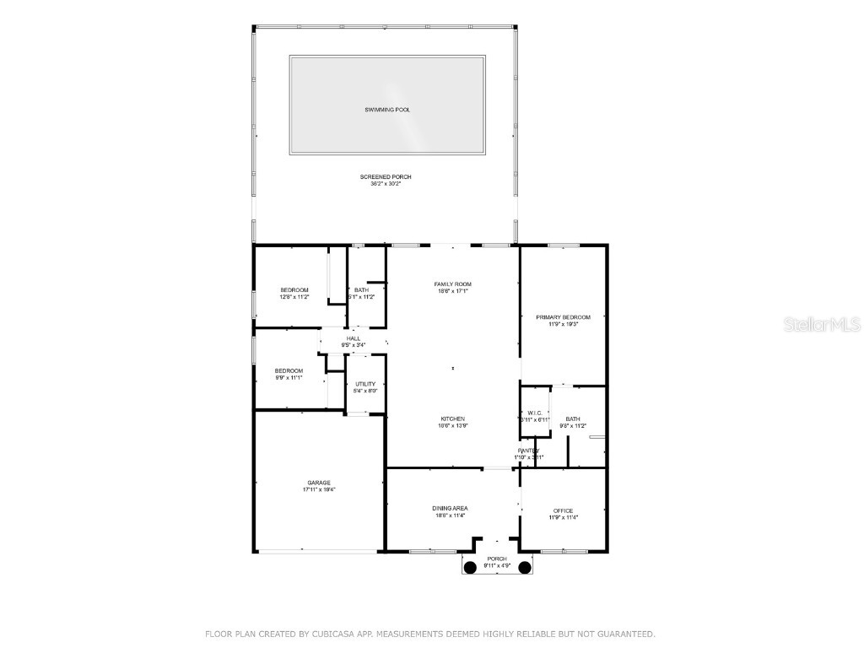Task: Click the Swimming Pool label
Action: (387, 110)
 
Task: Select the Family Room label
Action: (452, 284)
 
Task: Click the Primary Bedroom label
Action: (563, 317)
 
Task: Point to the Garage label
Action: (319, 483)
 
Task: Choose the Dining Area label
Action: (450, 508)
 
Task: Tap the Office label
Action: (563, 510)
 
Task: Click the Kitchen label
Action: (452, 418)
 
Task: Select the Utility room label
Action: (364, 384)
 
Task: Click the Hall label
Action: (353, 338)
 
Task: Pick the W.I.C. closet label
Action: (534, 413)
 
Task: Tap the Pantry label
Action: (529, 451)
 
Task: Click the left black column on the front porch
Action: (471, 567)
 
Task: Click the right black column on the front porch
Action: (525, 567)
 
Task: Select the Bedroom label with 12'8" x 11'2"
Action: (294, 290)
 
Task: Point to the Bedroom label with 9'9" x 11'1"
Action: (289, 370)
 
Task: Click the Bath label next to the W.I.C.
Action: (573, 419)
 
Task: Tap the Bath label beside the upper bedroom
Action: (361, 290)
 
